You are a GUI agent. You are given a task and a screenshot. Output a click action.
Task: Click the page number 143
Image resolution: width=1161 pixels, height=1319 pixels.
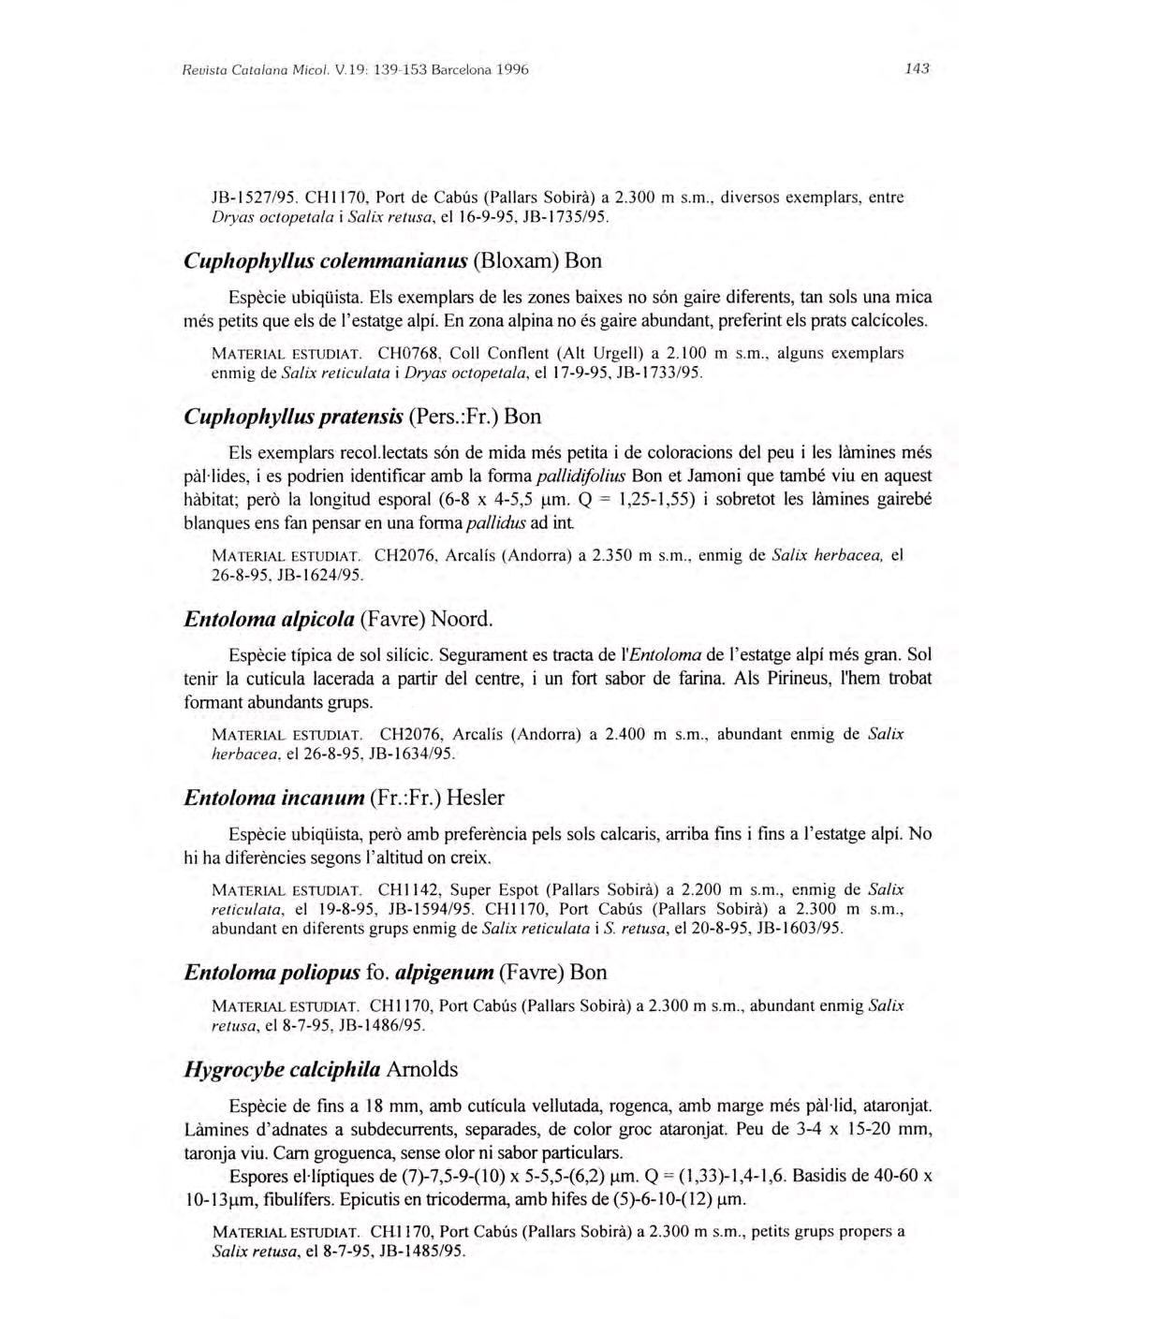tap(917, 68)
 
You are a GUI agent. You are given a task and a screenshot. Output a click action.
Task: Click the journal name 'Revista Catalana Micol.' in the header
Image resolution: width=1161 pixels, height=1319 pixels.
tap(245, 69)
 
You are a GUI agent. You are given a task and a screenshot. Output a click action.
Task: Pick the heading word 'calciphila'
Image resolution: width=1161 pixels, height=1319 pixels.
tap(335, 1069)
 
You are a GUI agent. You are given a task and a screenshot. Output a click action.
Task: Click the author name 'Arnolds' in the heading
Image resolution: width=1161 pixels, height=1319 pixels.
tap(422, 1069)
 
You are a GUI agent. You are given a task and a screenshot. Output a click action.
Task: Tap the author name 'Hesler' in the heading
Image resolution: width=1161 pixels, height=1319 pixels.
tap(476, 798)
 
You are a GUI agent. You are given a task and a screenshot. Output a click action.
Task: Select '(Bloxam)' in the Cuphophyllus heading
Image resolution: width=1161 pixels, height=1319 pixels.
tap(517, 259)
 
